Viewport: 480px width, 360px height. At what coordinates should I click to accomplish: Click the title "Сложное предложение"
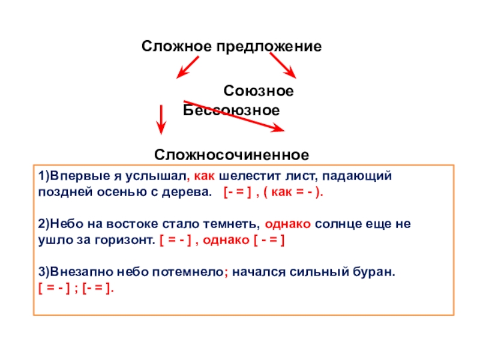pos(232,46)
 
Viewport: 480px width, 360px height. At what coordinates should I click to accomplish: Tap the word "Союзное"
pos(259,91)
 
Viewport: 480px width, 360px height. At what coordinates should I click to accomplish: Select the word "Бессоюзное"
pos(232,111)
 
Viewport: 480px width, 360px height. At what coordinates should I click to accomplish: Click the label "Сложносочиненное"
pos(232,155)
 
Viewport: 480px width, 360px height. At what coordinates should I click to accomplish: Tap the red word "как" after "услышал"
pos(205,177)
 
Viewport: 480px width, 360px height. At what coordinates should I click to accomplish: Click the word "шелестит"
pos(247,177)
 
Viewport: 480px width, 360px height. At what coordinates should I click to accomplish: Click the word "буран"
pos(376,271)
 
